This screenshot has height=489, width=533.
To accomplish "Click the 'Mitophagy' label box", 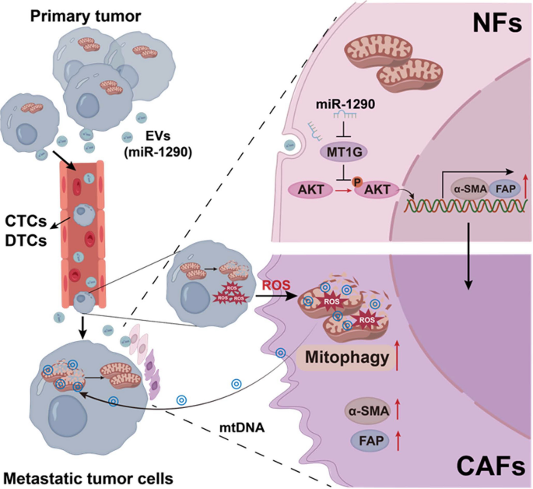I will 342,360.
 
